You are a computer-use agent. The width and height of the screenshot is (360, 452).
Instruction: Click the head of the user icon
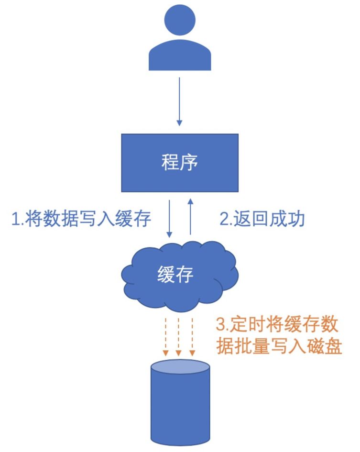pyautogui.click(x=180, y=21)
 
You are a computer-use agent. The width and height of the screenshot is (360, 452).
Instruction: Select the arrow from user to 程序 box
pyautogui.click(x=179, y=100)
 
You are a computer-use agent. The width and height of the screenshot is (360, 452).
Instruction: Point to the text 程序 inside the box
pyautogui.click(x=179, y=163)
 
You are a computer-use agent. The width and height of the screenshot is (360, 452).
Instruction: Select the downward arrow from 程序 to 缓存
pyautogui.click(x=169, y=218)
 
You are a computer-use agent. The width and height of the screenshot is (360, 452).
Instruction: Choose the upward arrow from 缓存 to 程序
pyautogui.click(x=190, y=218)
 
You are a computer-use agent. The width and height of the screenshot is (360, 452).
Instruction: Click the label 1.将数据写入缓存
pyautogui.click(x=81, y=219)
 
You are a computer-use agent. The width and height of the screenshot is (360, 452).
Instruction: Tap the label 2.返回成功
pyautogui.click(x=262, y=219)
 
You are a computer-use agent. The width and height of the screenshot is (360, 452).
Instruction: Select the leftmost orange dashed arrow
pyautogui.click(x=165, y=334)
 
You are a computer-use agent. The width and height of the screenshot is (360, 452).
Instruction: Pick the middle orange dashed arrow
pyautogui.click(x=179, y=334)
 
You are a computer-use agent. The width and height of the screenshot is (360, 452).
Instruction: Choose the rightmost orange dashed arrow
pyautogui.click(x=192, y=334)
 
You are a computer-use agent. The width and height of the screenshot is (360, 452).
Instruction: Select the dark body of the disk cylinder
pyautogui.click(x=180, y=411)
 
